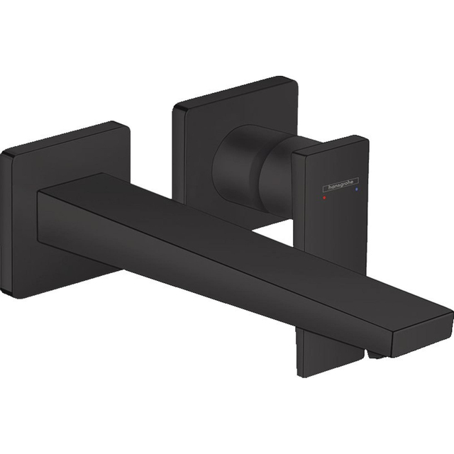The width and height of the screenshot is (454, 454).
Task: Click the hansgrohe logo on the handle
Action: [342, 185]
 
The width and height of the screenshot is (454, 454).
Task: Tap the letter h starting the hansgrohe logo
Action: [328, 189]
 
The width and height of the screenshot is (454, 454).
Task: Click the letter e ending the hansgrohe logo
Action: [356, 182]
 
